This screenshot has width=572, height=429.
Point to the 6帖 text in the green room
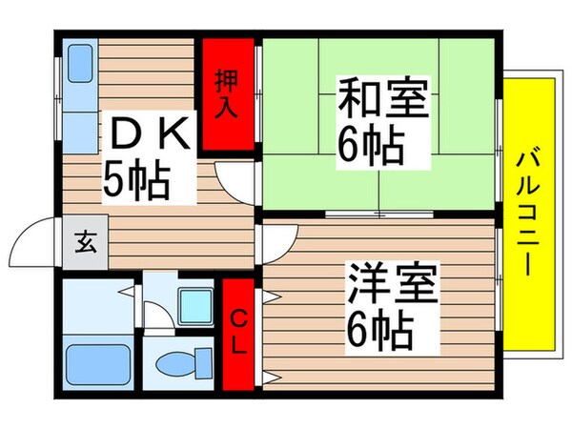[370, 145]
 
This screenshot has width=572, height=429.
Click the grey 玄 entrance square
[86, 242]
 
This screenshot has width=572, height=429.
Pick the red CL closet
[238, 334]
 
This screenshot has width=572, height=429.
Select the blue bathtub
[97, 364]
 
